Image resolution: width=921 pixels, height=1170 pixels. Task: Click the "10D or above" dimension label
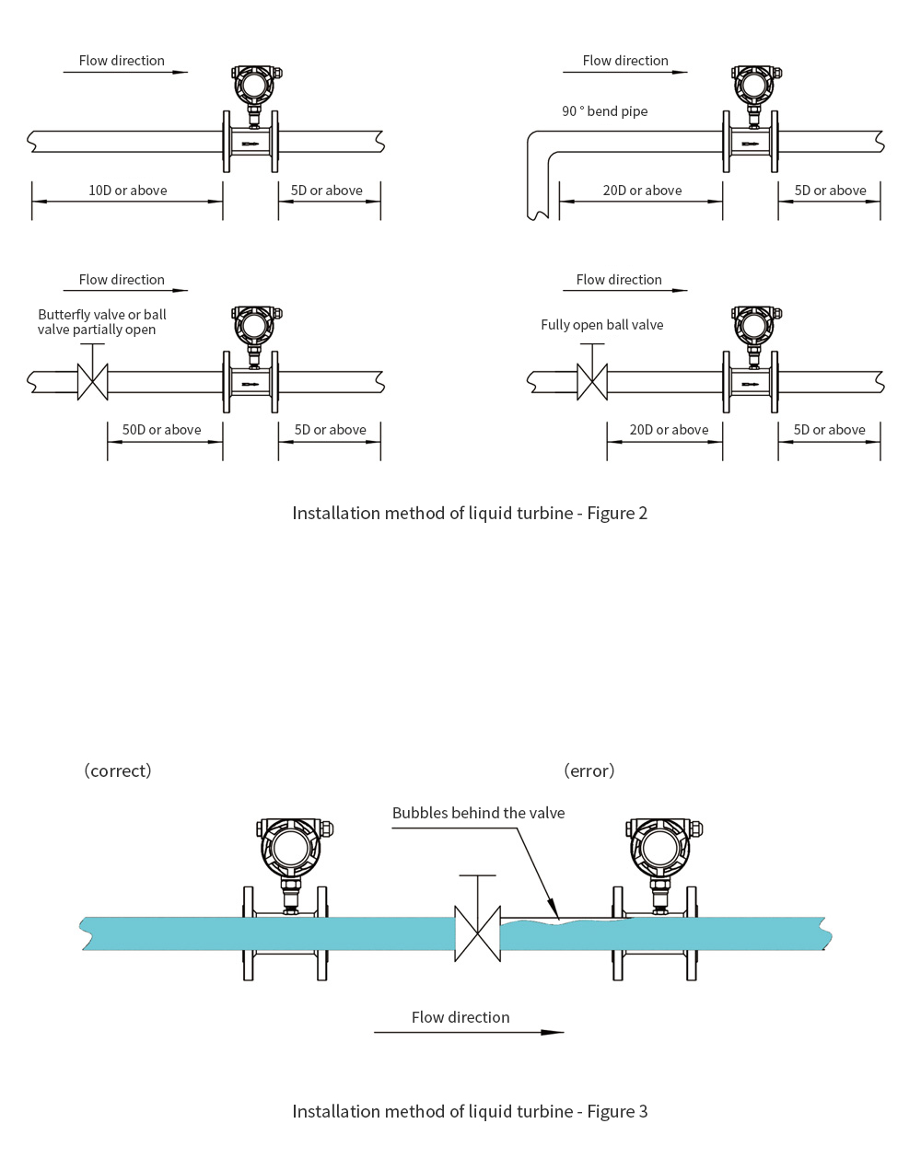(127, 191)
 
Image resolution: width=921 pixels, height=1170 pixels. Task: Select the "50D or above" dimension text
(161, 430)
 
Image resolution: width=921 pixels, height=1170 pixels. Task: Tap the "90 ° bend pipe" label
(604, 111)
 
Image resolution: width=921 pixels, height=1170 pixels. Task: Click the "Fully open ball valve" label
(601, 325)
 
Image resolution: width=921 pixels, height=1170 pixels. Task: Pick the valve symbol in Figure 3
(477, 933)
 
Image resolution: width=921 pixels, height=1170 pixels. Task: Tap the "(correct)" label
(118, 770)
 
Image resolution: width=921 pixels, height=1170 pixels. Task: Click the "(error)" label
(589, 770)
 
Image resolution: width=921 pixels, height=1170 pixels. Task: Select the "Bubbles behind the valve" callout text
(478, 813)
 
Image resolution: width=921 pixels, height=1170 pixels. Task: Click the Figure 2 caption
(470, 513)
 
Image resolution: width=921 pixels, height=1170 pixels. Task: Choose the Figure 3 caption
(470, 1111)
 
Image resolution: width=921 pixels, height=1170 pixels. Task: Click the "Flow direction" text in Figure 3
(460, 1017)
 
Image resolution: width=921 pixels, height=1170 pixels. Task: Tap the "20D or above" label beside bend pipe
(642, 191)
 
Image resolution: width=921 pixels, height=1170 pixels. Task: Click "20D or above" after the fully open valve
(669, 430)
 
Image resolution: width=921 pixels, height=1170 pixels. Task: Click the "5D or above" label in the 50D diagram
(330, 430)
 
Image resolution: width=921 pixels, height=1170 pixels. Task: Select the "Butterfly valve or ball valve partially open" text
(101, 322)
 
